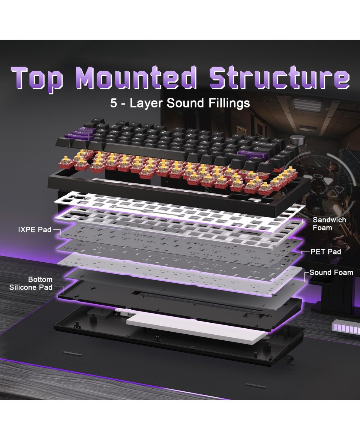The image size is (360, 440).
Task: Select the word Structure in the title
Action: (x=280, y=77)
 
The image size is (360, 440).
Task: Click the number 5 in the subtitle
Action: (x=113, y=103)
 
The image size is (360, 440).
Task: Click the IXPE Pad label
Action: (x=34, y=230)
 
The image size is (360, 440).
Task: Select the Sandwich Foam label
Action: (x=329, y=224)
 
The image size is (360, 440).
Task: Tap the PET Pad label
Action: (x=325, y=252)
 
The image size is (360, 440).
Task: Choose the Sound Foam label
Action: (x=331, y=273)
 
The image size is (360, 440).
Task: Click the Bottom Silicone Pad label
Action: (x=31, y=283)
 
